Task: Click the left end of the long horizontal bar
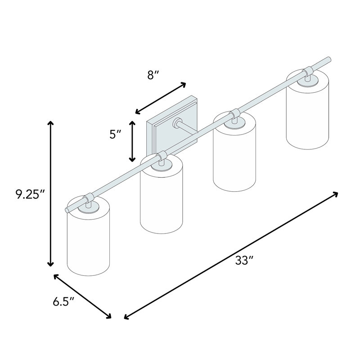coord(67,210)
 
